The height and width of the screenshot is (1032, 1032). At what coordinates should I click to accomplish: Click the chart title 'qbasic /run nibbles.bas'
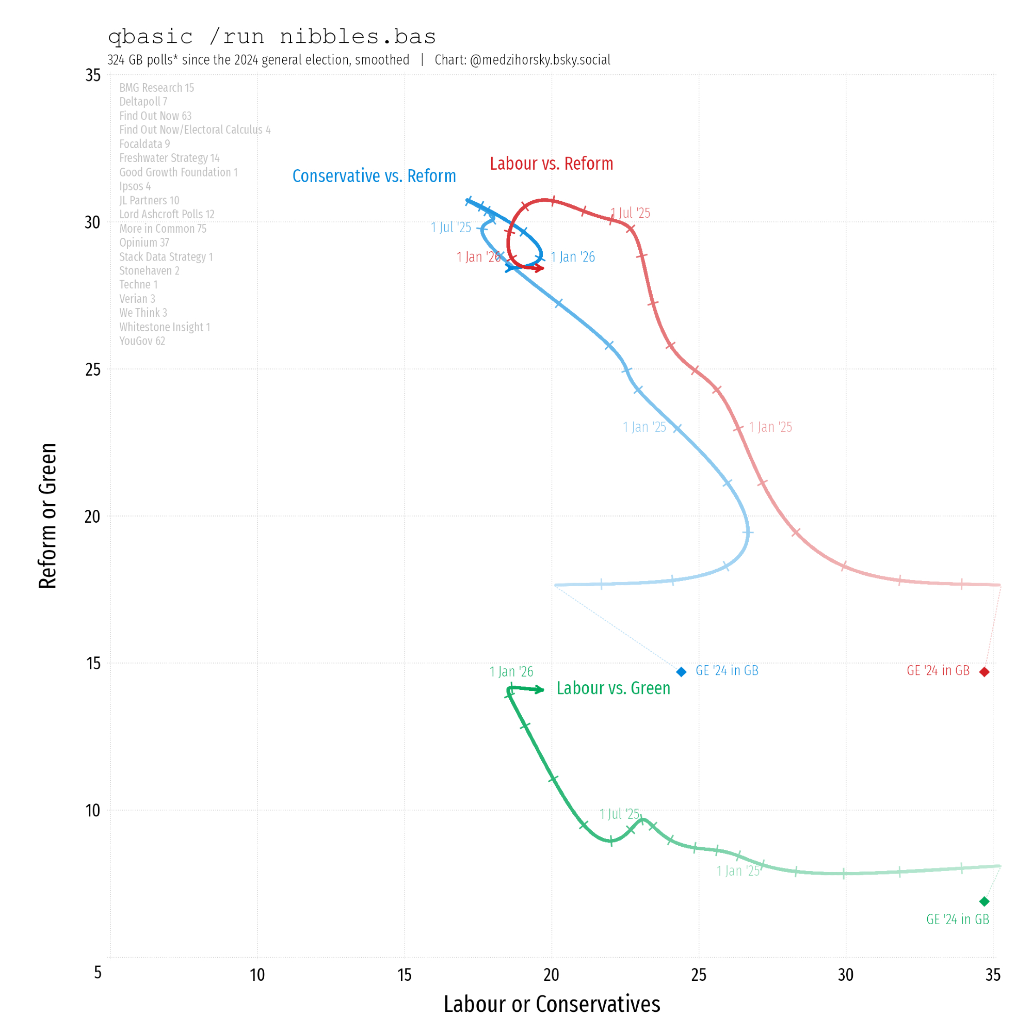pyautogui.click(x=271, y=37)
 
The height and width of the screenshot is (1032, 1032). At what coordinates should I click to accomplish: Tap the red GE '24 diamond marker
pyautogui.click(x=985, y=672)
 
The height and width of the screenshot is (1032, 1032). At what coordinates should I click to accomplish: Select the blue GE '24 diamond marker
pyautogui.click(x=681, y=672)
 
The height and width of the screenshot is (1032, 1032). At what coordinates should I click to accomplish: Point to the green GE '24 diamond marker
pyautogui.click(x=985, y=901)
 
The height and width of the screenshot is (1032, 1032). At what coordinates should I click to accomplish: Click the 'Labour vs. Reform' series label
pyautogui.click(x=551, y=164)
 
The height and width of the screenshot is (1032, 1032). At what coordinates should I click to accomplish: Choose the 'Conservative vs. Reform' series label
pyautogui.click(x=374, y=176)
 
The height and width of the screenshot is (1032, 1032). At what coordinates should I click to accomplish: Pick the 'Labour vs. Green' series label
pyautogui.click(x=613, y=688)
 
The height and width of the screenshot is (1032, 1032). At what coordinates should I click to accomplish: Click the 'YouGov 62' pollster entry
pyautogui.click(x=142, y=341)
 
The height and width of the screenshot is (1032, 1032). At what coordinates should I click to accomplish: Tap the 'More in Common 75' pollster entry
pyautogui.click(x=163, y=229)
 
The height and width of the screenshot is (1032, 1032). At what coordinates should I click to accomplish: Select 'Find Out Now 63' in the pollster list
pyautogui.click(x=155, y=116)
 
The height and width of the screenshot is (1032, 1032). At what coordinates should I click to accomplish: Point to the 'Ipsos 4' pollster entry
pyautogui.click(x=135, y=186)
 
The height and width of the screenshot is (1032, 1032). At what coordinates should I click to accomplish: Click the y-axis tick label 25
pyautogui.click(x=93, y=369)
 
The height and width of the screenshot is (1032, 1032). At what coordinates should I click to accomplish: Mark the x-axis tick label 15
pyautogui.click(x=405, y=975)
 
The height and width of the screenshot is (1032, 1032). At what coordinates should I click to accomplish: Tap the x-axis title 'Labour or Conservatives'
pyautogui.click(x=552, y=1004)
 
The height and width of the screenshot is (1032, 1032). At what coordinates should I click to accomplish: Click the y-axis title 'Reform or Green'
pyautogui.click(x=47, y=516)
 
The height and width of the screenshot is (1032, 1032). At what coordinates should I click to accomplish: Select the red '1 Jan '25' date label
pyautogui.click(x=770, y=427)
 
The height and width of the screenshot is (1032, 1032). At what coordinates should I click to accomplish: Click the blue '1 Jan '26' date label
pyautogui.click(x=573, y=257)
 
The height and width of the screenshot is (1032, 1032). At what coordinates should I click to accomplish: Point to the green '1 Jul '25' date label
pyautogui.click(x=619, y=814)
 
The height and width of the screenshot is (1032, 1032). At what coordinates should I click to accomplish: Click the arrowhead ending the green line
pyautogui.click(x=541, y=690)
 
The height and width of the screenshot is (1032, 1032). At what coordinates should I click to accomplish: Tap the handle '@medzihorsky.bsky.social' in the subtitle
pyautogui.click(x=540, y=60)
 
